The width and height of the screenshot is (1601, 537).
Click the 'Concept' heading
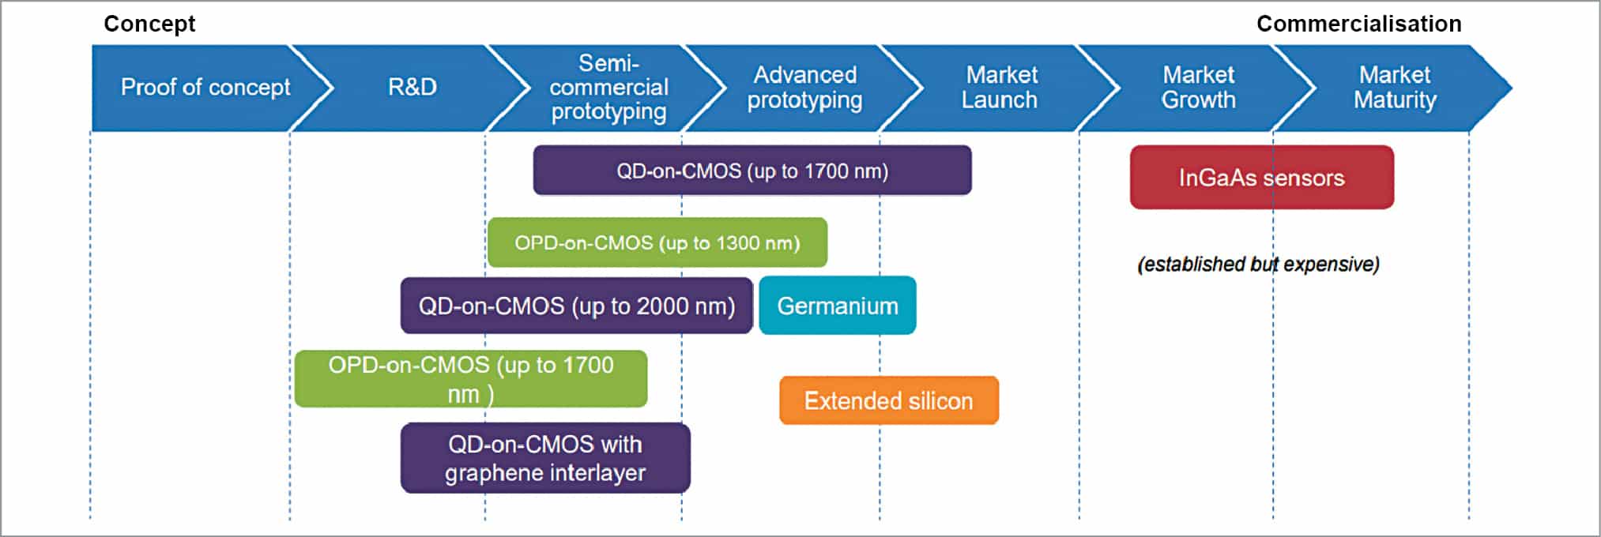[x=149, y=24]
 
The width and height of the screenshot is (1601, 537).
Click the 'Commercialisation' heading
[x=1358, y=24]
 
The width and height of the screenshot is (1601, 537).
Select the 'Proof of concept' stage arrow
[x=205, y=87]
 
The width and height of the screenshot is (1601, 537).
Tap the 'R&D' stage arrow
[x=412, y=87]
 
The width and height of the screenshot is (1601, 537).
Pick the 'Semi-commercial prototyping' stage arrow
[x=608, y=87]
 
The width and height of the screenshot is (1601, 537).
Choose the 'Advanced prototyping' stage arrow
[x=804, y=87]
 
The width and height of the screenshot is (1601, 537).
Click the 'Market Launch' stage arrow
[x=1000, y=87]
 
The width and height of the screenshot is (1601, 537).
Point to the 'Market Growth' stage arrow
[x=1198, y=87]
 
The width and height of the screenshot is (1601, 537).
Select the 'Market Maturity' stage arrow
[x=1395, y=87]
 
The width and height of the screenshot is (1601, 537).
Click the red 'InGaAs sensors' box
[x=1261, y=178]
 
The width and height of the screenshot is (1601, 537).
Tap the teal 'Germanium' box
[x=837, y=306]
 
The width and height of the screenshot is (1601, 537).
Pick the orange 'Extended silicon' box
[x=888, y=400]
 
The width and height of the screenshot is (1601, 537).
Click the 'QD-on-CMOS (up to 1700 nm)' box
[x=752, y=171]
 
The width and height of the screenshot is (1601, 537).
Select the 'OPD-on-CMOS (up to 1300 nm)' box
[x=657, y=242]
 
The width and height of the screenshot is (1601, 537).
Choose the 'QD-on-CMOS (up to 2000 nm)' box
[x=576, y=306]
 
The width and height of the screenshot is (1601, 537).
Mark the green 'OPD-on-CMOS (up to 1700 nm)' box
[x=470, y=379]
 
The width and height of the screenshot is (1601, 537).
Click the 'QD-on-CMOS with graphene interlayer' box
[x=545, y=458]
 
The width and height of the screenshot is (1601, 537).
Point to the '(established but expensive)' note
[x=1258, y=264]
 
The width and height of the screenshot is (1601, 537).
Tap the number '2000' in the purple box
[x=662, y=306]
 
